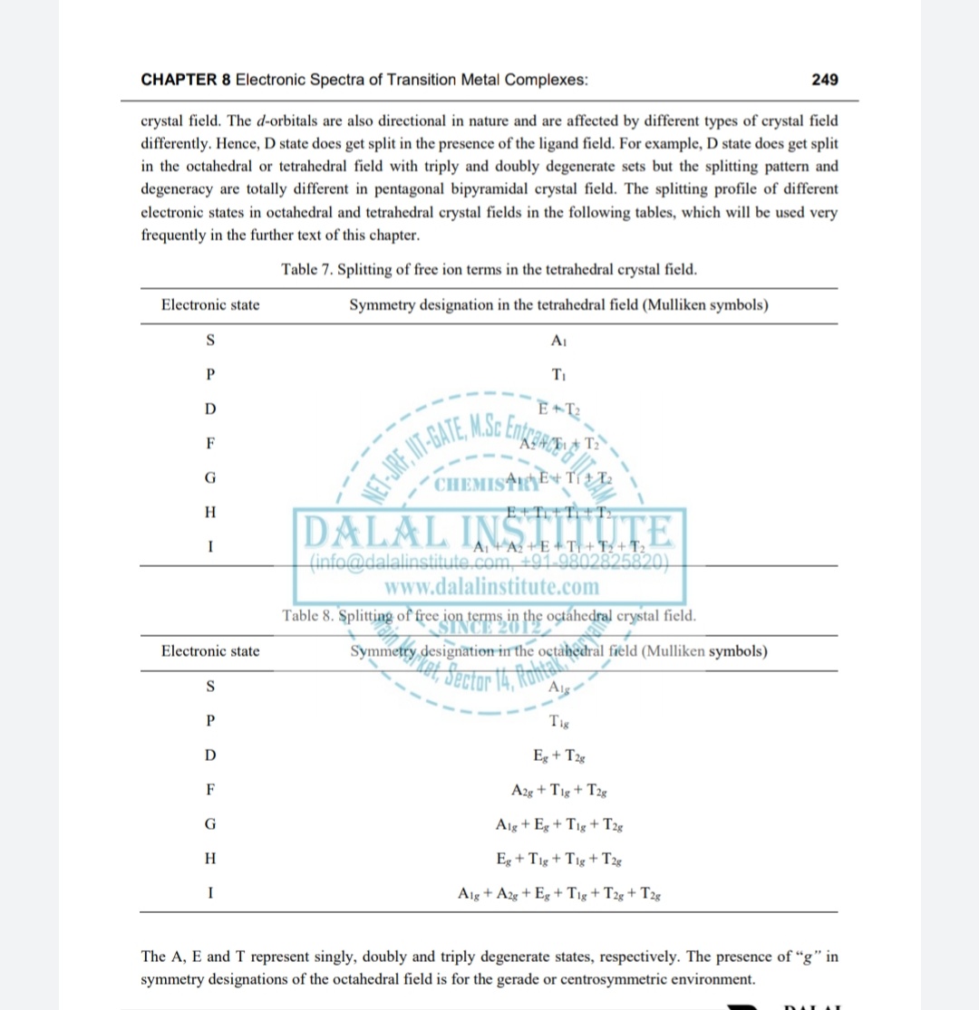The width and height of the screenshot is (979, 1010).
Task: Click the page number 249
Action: pos(825,80)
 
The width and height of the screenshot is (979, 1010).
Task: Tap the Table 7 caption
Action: pos(489,269)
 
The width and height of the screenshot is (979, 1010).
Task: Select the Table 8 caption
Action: pos(489,616)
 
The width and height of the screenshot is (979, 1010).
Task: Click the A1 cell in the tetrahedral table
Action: pos(558,341)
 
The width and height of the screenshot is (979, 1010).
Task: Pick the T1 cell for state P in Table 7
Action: pos(558,375)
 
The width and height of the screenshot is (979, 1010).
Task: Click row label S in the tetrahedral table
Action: pos(210,341)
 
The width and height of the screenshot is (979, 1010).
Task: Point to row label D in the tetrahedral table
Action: pos(210,409)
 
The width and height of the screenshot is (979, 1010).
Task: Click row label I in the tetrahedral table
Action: pos(210,547)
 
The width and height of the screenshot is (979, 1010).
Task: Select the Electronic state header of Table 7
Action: pos(210,305)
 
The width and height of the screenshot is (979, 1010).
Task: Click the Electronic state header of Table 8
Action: pos(210,651)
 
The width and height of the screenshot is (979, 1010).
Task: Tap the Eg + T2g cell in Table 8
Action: pos(558,755)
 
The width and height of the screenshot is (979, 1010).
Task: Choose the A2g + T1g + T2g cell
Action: pos(558,790)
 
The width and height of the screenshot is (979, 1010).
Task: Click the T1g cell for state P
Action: pos(558,721)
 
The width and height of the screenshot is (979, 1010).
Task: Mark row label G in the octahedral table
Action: pos(210,824)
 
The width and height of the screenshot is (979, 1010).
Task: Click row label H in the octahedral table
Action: pos(210,859)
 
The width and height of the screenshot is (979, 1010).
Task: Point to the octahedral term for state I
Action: pos(558,894)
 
